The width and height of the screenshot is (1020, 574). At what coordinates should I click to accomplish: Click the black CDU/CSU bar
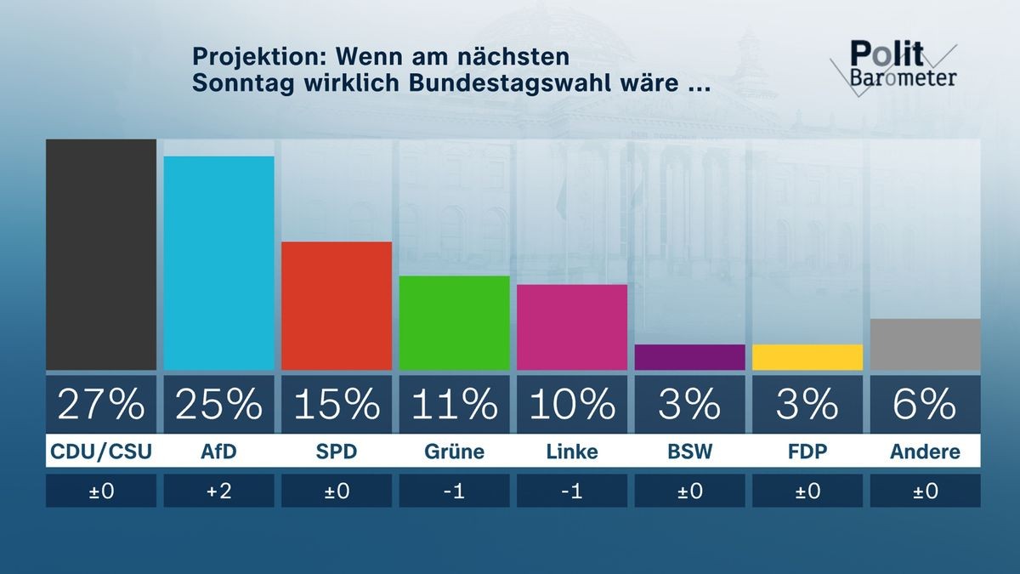click(101, 254)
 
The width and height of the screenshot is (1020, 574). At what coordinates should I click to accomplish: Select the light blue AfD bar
click(218, 263)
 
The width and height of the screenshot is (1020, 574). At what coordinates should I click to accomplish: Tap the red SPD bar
click(337, 306)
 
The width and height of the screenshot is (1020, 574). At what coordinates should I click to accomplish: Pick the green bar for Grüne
click(454, 323)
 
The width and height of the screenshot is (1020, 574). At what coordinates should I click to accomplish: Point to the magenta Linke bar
click(572, 327)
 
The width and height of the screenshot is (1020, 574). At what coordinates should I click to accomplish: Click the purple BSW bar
click(689, 357)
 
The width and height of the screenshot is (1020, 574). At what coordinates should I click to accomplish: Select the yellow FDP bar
click(807, 357)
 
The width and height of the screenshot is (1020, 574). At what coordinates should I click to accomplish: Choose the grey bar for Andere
click(925, 344)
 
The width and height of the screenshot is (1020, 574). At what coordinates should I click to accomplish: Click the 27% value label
click(101, 405)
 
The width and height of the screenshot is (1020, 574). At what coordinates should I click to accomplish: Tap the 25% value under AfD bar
click(218, 405)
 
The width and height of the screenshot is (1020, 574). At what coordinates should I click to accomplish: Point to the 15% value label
click(337, 405)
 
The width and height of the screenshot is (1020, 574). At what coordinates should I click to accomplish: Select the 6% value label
click(925, 405)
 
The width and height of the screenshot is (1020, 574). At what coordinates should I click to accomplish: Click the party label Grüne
click(454, 452)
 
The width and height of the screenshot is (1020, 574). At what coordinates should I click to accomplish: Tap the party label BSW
click(689, 452)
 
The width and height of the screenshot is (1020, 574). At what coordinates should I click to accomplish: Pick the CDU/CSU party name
click(101, 452)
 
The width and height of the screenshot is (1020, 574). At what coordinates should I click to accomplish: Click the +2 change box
click(218, 491)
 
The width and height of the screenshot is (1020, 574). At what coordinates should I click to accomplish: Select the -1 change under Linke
click(572, 491)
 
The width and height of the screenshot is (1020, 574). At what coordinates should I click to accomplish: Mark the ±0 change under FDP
click(807, 491)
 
